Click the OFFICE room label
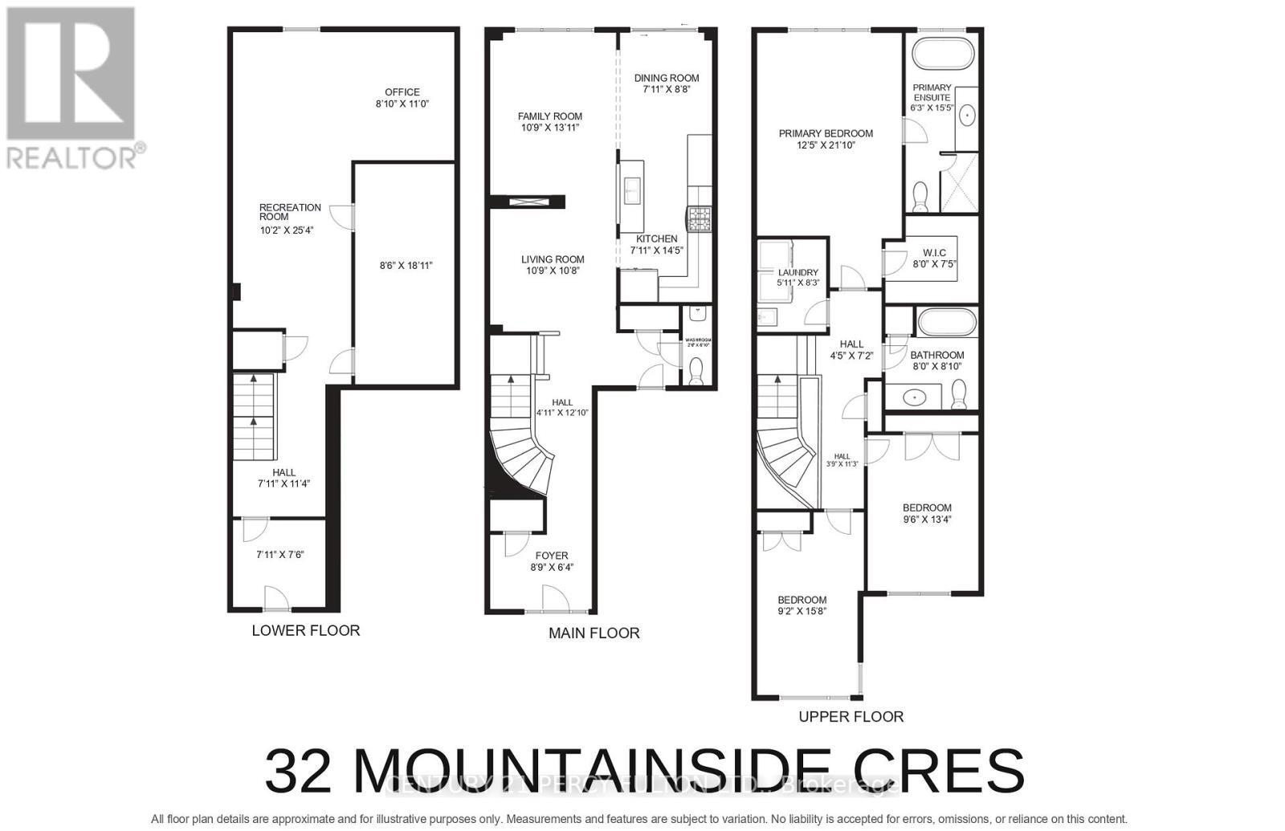[402, 92]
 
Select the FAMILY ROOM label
[549, 116]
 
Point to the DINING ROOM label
[667, 78]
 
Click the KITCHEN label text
[657, 239]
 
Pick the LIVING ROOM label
[553, 259]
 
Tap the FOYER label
[552, 556]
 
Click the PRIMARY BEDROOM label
[826, 133]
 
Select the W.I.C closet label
[934, 253]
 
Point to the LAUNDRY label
[798, 272]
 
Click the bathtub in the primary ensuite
[943, 55]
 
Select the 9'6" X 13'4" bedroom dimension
[927, 519]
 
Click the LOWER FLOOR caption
[305, 630]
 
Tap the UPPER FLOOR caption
[851, 716]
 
